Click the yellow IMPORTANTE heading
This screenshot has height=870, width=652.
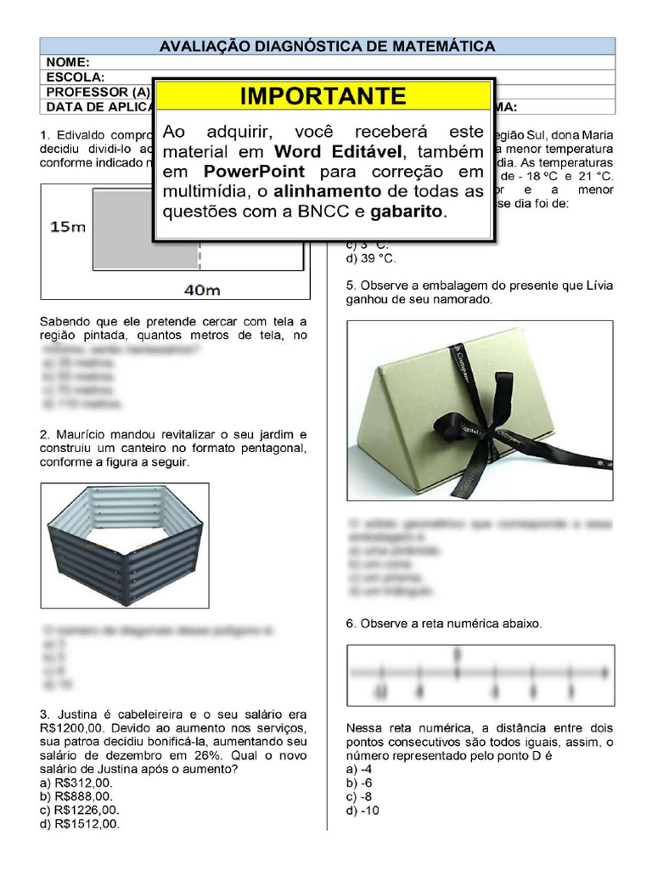tap(323, 96)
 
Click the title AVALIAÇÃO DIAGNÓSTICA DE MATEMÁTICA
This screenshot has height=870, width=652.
tap(327, 47)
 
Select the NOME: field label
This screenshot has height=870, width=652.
tap(68, 62)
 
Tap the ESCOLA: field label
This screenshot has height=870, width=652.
tap(76, 76)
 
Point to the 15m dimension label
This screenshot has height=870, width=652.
tap(67, 227)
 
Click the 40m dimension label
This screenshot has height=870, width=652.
tap(202, 290)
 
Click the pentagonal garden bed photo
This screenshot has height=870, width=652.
tap(124, 545)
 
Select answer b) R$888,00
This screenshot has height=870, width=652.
tap(76, 796)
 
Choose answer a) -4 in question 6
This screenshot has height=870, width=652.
tap(359, 769)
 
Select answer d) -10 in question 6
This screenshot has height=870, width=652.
tap(363, 811)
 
